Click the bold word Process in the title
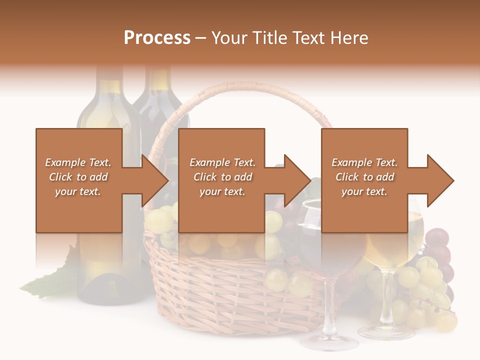pos(157,38)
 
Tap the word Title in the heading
pos(270,38)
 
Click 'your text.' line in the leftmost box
pos(78,191)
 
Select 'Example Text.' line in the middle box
pos(222,162)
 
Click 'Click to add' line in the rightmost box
pos(365,177)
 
